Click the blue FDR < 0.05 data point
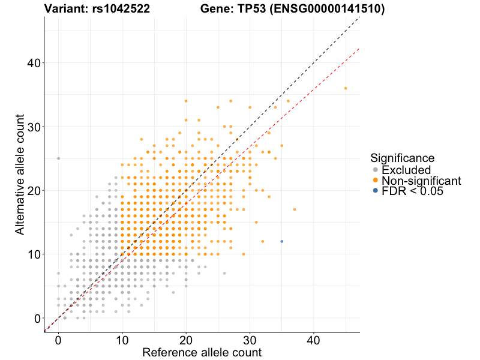[282, 241]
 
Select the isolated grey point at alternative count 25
[58, 158]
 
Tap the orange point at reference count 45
[346, 88]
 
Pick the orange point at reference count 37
[295, 209]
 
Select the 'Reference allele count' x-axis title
[202, 353]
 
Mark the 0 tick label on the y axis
[37, 318]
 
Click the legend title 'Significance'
[402, 158]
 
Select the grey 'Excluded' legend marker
[376, 170]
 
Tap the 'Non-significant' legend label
[421, 181]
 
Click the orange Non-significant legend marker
[376, 181]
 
